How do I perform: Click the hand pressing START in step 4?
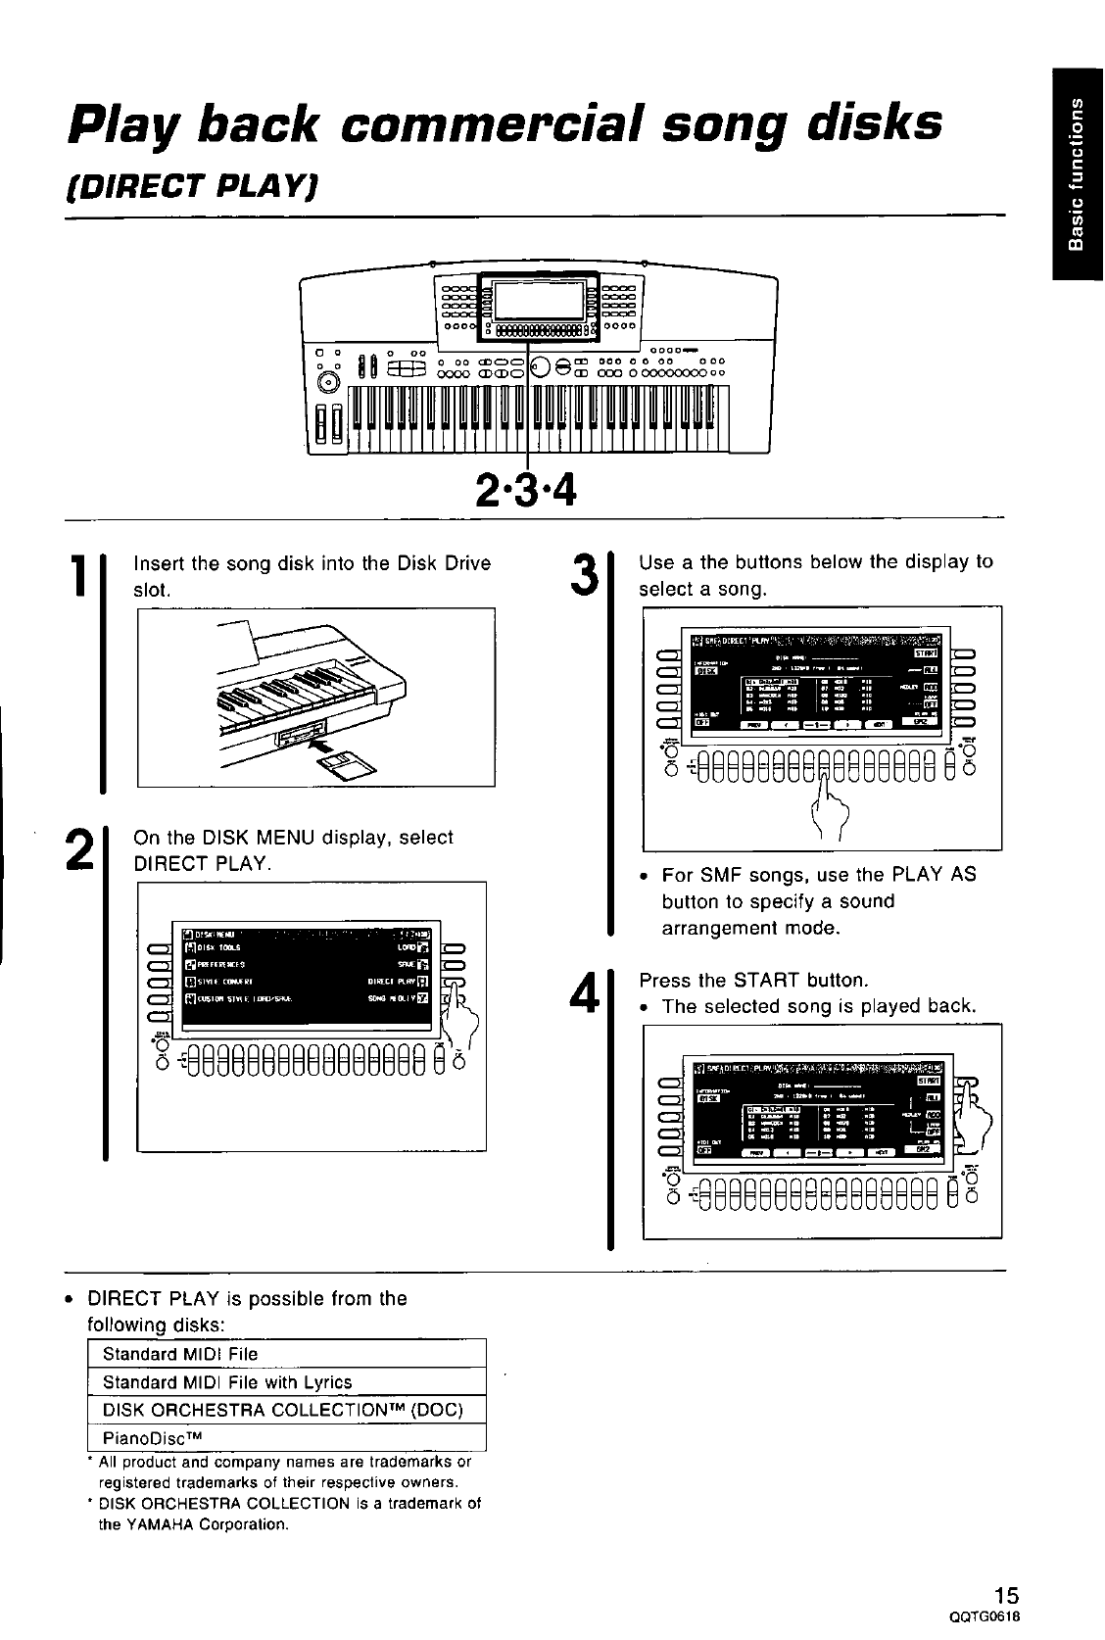[x=974, y=1113]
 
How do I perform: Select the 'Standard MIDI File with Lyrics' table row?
[x=227, y=1382]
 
